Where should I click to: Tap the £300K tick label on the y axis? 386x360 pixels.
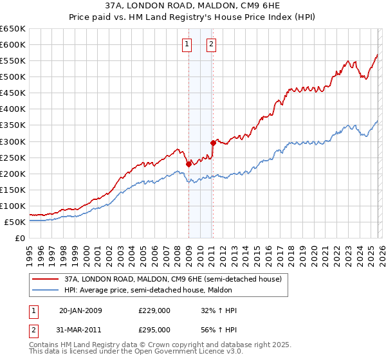click(13, 141)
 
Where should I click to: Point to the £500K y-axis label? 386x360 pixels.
click(13, 76)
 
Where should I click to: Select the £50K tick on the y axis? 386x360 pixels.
click(15, 222)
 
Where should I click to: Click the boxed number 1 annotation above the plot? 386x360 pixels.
click(187, 44)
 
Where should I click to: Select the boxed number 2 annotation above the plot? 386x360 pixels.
click(211, 44)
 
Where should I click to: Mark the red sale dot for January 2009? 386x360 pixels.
click(188, 164)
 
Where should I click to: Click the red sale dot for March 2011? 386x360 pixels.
click(213, 143)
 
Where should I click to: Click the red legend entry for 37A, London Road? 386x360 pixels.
click(172, 279)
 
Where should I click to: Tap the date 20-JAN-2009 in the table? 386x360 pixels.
click(80, 310)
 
